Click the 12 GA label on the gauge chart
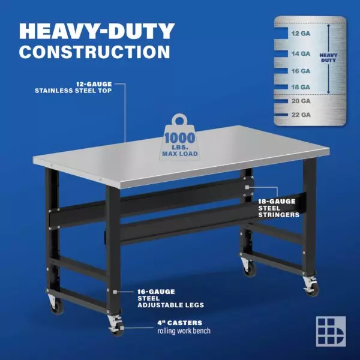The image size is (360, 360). click(x=301, y=34)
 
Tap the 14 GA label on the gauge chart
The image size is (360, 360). click(x=301, y=54)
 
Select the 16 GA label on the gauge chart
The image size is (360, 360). click(x=301, y=71)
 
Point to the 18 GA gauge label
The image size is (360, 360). click(x=301, y=87)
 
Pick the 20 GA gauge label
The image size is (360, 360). click(x=301, y=101)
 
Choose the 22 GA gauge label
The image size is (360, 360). click(x=301, y=115)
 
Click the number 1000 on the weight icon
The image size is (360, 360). click(x=180, y=138)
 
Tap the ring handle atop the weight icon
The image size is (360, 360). click(x=179, y=119)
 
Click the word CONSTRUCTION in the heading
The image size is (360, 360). click(x=95, y=52)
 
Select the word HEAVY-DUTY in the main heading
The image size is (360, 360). click(x=97, y=31)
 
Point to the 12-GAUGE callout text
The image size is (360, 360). click(x=94, y=84)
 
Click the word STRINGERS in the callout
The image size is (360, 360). click(x=279, y=215)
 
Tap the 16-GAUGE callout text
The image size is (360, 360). click(x=156, y=292)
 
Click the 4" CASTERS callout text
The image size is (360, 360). click(x=180, y=323)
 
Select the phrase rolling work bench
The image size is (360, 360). click(x=184, y=331)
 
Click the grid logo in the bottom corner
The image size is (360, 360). click(x=331, y=331)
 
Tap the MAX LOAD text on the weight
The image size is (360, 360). click(x=180, y=154)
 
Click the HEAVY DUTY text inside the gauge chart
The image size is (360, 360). click(x=328, y=58)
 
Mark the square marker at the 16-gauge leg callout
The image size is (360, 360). click(x=115, y=292)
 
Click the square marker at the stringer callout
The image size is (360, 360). click(x=247, y=187)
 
